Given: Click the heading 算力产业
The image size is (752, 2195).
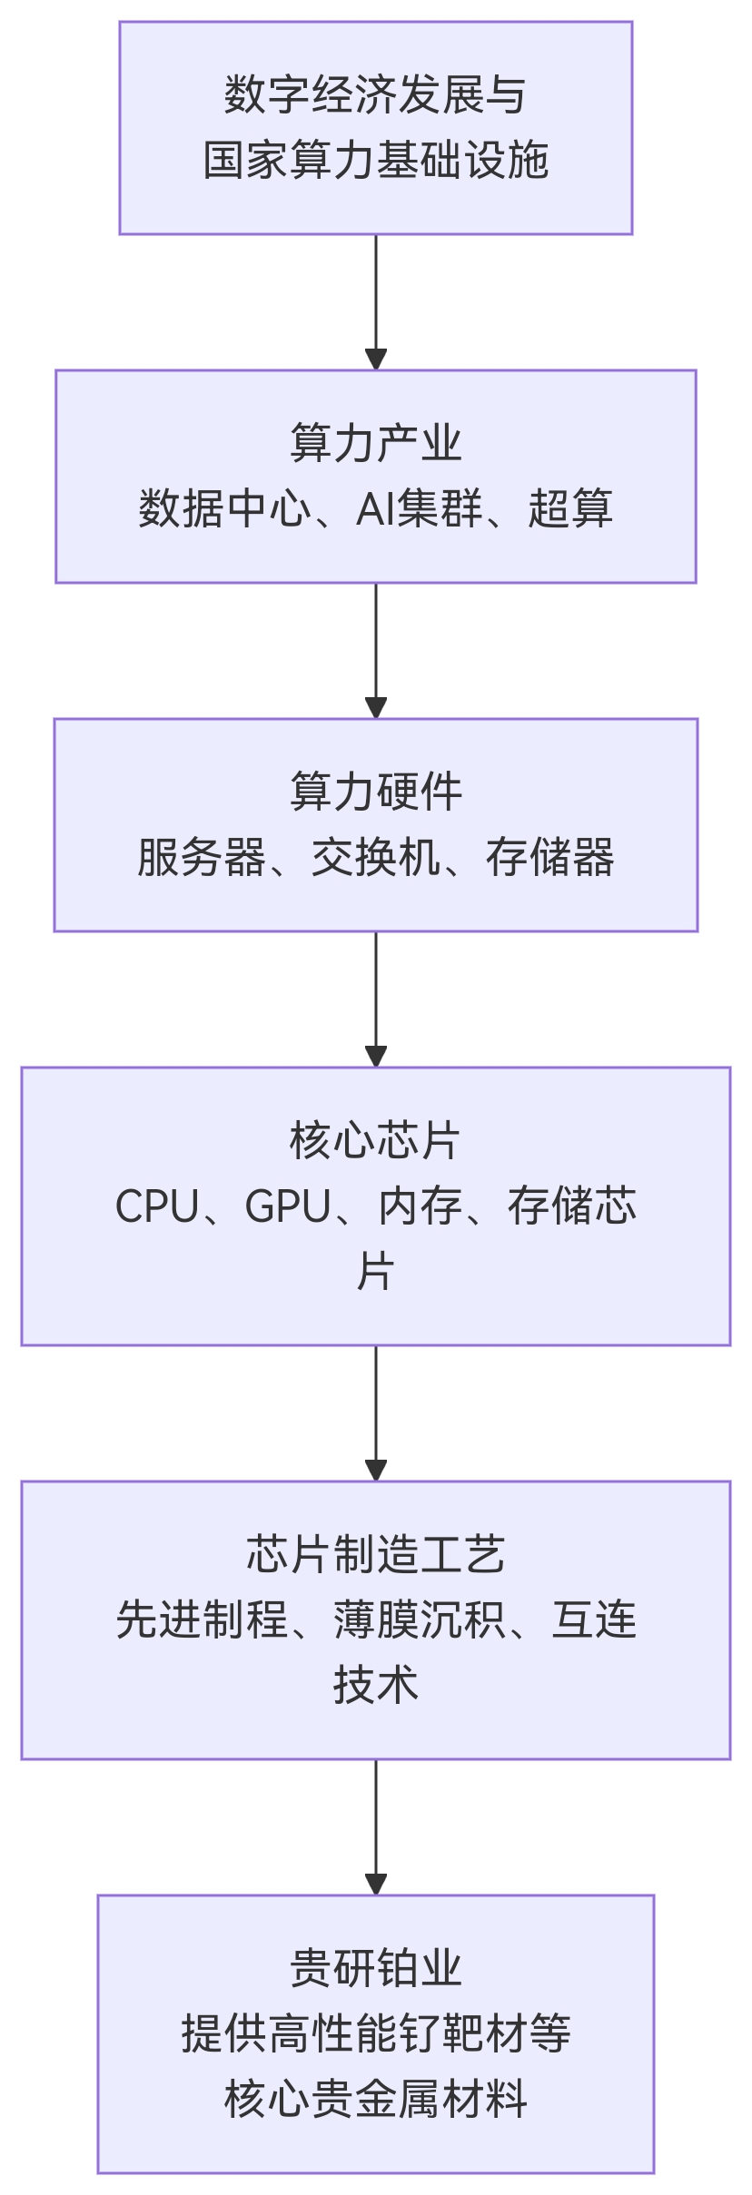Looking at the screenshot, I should coord(376,443).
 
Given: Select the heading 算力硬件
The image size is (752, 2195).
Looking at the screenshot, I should coord(376,792).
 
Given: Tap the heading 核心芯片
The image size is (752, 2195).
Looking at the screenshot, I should coord(376,1140).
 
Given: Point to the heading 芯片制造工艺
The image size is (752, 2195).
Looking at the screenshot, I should coord(376,1554).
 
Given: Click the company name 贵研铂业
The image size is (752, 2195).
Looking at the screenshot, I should coord(376,1968).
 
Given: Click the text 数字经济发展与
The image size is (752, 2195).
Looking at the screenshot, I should coord(376,95).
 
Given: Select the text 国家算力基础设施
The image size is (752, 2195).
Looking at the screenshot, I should coord(376,161).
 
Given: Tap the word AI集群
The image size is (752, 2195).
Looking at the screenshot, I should coord(419,508).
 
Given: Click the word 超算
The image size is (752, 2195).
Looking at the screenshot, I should coord(570,508).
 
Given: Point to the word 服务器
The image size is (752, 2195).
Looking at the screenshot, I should coord(202,857).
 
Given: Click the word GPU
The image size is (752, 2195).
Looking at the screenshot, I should coord(288,1206).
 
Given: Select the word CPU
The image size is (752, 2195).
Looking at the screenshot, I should coord(157,1206).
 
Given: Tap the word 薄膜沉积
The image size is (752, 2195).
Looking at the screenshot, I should coord(419,1620).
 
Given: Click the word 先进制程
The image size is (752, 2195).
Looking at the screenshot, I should coord(202,1620).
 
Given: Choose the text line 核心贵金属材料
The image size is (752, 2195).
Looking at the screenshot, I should coord(376,2100).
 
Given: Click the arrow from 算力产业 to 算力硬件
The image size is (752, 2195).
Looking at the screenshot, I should coord(376,650).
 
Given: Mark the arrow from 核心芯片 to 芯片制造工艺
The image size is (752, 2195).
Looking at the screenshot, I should coord(376,1412).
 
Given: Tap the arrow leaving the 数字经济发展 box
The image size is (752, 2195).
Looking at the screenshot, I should coord(376,301).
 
